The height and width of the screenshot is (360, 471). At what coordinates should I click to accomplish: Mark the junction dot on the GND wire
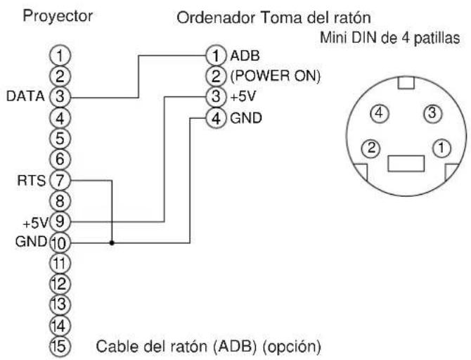112,243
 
